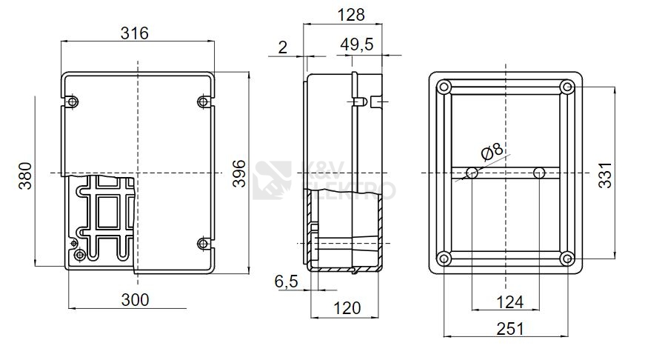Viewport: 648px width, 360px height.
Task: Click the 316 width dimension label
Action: [x=134, y=33]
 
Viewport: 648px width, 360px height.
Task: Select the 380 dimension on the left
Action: [x=25, y=176]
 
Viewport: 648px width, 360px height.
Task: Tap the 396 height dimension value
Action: [x=239, y=173]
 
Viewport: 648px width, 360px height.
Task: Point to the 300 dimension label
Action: [x=135, y=300]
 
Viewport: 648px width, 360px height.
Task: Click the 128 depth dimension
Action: [x=351, y=15]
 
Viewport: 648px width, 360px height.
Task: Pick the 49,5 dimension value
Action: [x=357, y=44]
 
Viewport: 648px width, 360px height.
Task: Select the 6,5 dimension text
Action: [x=286, y=281]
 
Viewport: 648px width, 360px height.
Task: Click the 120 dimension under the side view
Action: [x=347, y=308]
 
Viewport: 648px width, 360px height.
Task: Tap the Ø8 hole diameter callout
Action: [x=492, y=151]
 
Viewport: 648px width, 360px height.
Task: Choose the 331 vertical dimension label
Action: [x=605, y=176]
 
